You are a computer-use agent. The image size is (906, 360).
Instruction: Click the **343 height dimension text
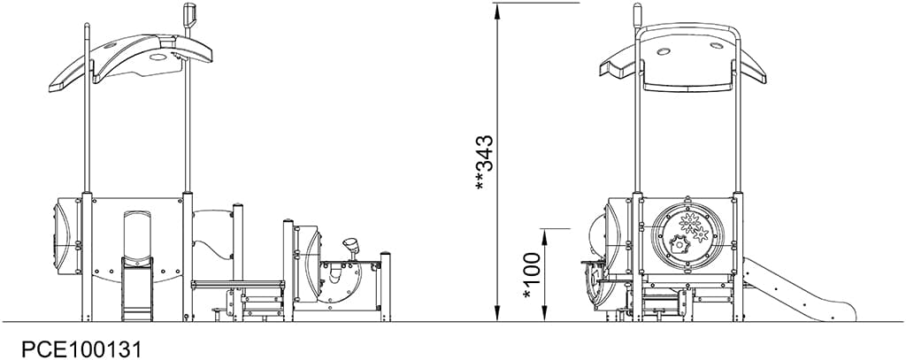pyautogui.click(x=484, y=162)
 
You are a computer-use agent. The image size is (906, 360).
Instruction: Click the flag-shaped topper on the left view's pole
pyautogui.click(x=188, y=16)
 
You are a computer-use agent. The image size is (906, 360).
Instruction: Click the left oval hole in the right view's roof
pyautogui.click(x=664, y=51)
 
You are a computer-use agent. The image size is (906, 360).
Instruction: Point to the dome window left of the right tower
pyautogui.click(x=610, y=231)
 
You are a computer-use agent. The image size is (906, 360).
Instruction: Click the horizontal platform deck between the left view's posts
pyautogui.click(x=237, y=283)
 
